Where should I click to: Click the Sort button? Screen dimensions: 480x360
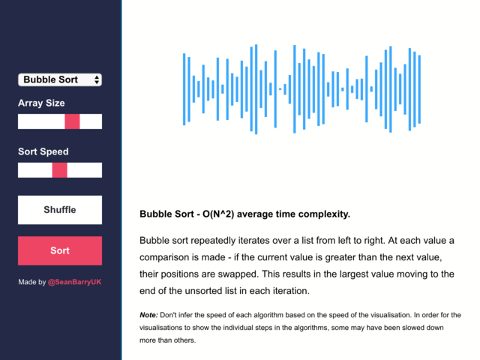[x=60, y=250]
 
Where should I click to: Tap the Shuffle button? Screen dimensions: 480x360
[x=60, y=210]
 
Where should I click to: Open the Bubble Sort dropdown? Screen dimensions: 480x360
[x=60, y=79]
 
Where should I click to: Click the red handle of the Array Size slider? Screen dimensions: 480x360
[x=72, y=121]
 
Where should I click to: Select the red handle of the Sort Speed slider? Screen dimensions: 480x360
[x=60, y=170]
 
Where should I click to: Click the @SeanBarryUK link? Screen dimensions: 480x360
[x=74, y=282]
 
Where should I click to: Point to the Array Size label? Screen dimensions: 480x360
[x=41, y=103]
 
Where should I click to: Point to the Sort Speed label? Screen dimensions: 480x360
[x=43, y=151]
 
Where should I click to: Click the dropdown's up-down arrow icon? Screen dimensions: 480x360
[x=97, y=79]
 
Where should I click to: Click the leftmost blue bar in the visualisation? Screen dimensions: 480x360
[x=184, y=89]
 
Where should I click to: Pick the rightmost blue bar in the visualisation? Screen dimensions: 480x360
[x=419, y=89]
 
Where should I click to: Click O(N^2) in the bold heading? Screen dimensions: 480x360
[x=218, y=214]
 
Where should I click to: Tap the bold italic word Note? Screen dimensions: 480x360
[x=148, y=315]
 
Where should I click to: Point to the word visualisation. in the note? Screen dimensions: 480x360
[x=391, y=315]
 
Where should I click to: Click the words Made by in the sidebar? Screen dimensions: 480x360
[x=31, y=282]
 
